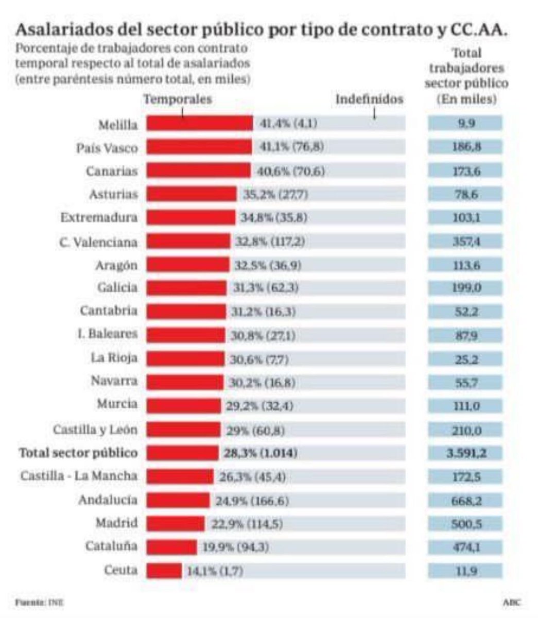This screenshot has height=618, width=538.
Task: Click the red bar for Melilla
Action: pos(200,124)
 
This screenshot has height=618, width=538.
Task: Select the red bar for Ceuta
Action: pos(164,571)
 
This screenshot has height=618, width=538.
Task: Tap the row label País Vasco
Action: pos(107,148)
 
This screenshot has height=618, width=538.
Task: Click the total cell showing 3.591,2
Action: pos(465,453)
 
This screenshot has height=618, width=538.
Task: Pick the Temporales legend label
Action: pos(178,99)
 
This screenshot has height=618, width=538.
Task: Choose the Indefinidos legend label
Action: pos(369,99)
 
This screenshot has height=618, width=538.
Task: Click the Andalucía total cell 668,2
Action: pos(465,500)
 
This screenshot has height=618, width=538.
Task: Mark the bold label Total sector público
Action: pos(78,453)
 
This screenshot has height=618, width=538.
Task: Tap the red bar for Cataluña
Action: pos(171,546)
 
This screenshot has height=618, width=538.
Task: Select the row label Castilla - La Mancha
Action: pos(79,476)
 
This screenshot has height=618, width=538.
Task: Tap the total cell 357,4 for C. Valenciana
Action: pos(465,241)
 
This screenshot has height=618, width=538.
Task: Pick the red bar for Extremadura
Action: pos(191,217)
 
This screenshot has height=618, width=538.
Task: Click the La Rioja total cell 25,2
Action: pos(465,359)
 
